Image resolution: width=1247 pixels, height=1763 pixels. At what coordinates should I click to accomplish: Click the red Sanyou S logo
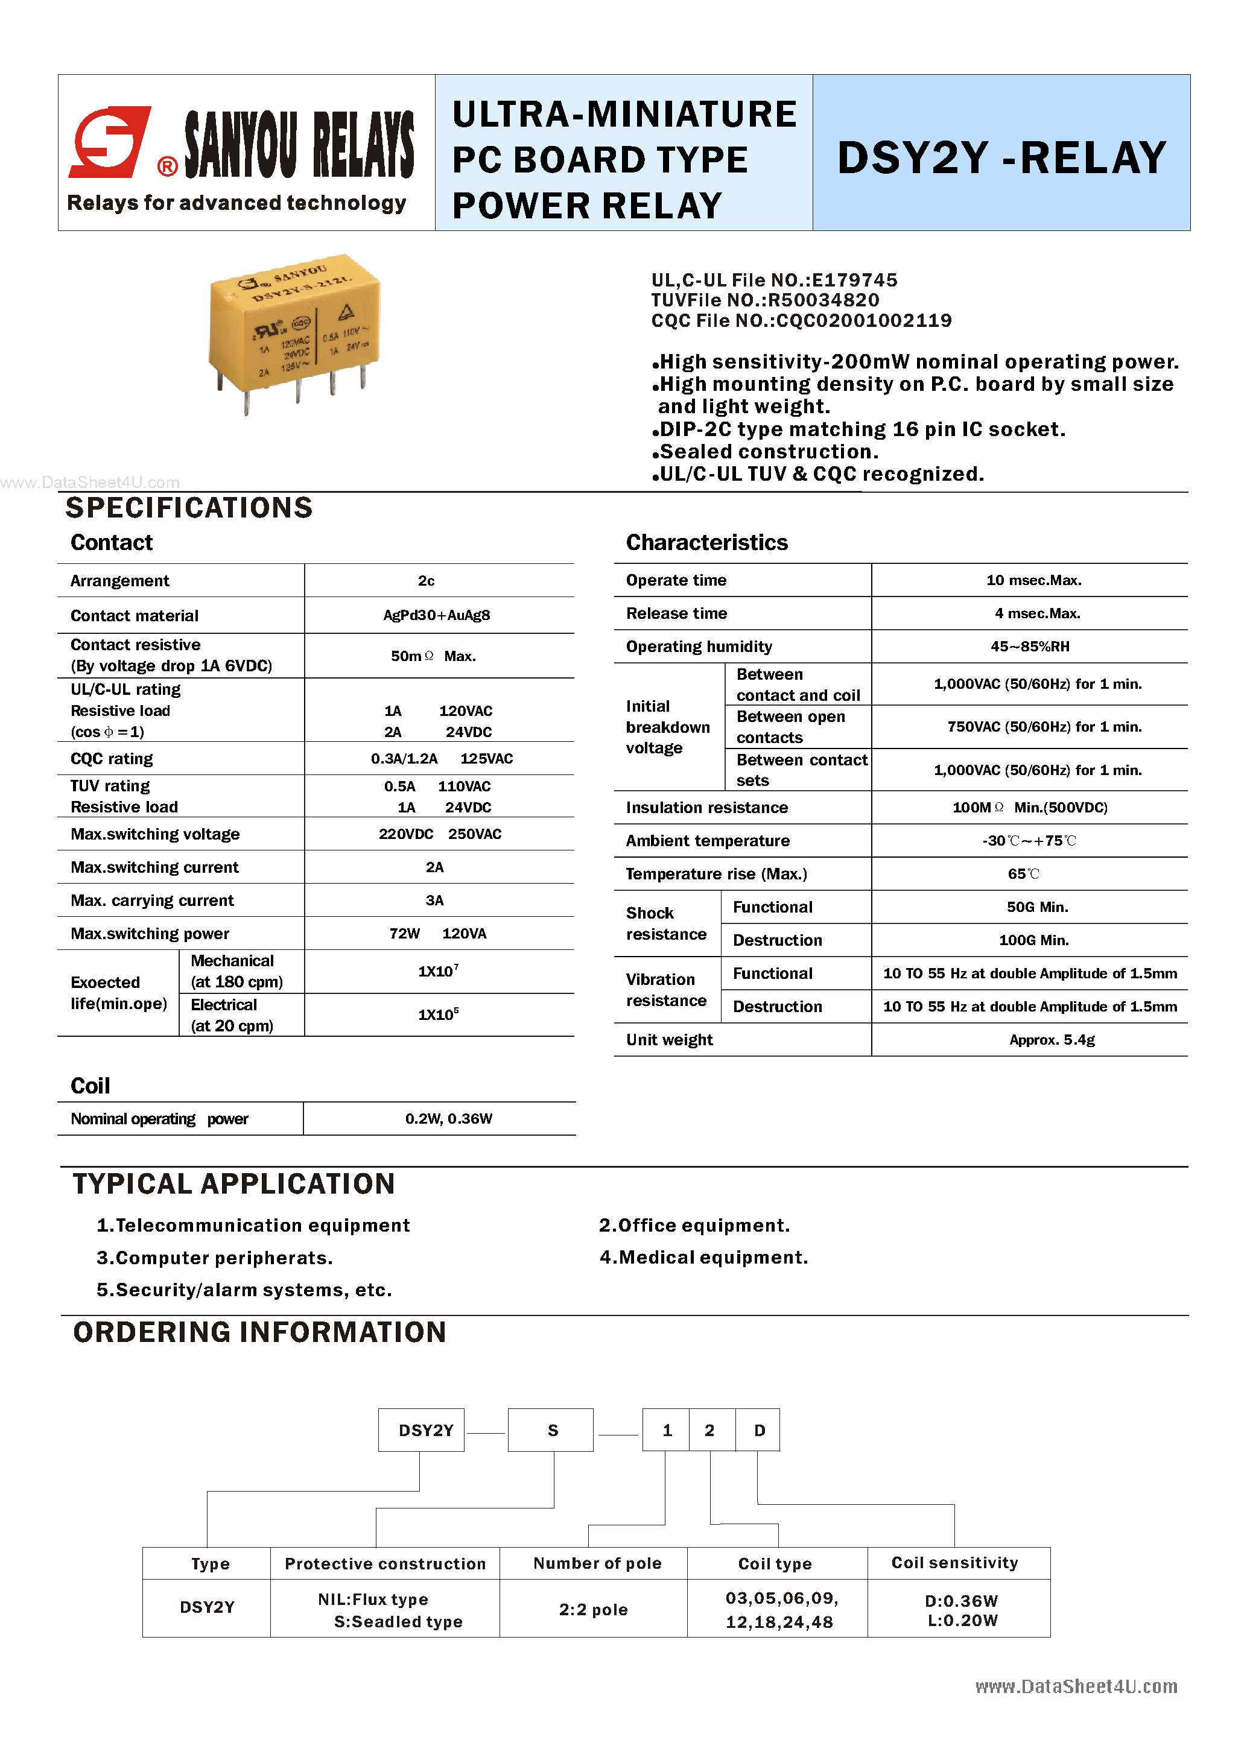[109, 143]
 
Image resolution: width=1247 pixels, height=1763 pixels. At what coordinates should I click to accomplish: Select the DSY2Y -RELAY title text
[1001, 157]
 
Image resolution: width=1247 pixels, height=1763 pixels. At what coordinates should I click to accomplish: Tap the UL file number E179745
[855, 280]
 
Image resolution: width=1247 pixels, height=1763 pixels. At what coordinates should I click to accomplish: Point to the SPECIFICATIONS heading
[189, 508]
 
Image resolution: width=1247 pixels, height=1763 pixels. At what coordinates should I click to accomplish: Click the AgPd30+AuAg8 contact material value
[436, 615]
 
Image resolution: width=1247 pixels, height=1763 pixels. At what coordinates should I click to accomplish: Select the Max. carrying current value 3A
[434, 900]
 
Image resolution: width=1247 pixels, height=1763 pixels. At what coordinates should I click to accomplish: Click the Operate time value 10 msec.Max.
[1033, 580]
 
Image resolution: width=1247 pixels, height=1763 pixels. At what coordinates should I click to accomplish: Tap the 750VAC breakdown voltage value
[1044, 726]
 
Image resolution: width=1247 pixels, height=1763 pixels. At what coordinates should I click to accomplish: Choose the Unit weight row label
[670, 1040]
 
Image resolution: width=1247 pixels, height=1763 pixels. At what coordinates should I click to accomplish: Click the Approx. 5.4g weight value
[1052, 1040]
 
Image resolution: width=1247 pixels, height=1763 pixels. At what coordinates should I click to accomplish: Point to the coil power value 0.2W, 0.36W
[448, 1119]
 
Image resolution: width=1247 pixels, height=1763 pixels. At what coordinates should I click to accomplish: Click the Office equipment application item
[694, 1226]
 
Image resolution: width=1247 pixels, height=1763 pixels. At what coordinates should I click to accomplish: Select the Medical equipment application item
[703, 1258]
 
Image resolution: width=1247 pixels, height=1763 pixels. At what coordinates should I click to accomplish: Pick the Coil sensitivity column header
[954, 1563]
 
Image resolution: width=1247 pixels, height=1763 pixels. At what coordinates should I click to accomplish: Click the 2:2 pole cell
[593, 1609]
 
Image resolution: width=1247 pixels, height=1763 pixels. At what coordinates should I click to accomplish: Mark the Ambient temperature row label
[707, 841]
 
